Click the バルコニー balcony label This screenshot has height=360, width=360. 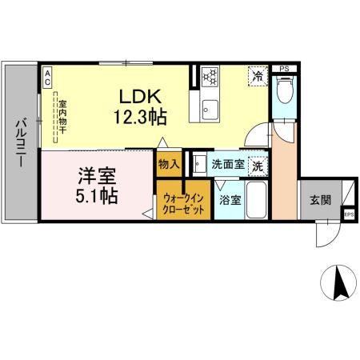(x=18, y=144)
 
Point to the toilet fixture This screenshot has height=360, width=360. (x=284, y=91)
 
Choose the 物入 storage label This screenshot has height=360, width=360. (x=169, y=164)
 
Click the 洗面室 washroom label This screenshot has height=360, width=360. (x=226, y=166)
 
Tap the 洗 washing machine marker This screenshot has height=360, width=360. (x=258, y=166)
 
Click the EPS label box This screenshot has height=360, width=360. (x=349, y=214)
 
